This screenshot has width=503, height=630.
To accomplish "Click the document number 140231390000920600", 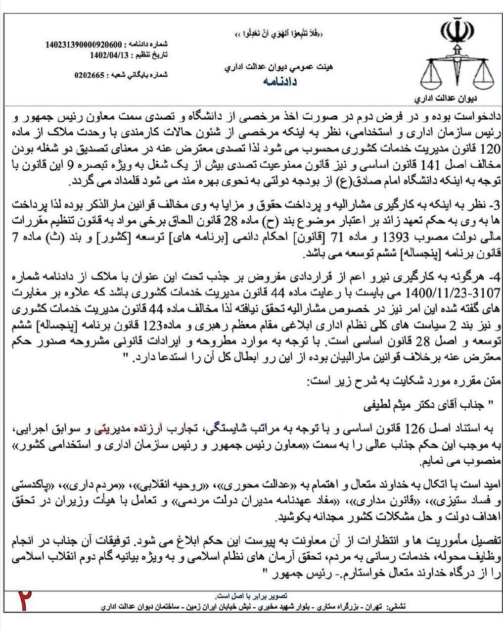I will point(84,45).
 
